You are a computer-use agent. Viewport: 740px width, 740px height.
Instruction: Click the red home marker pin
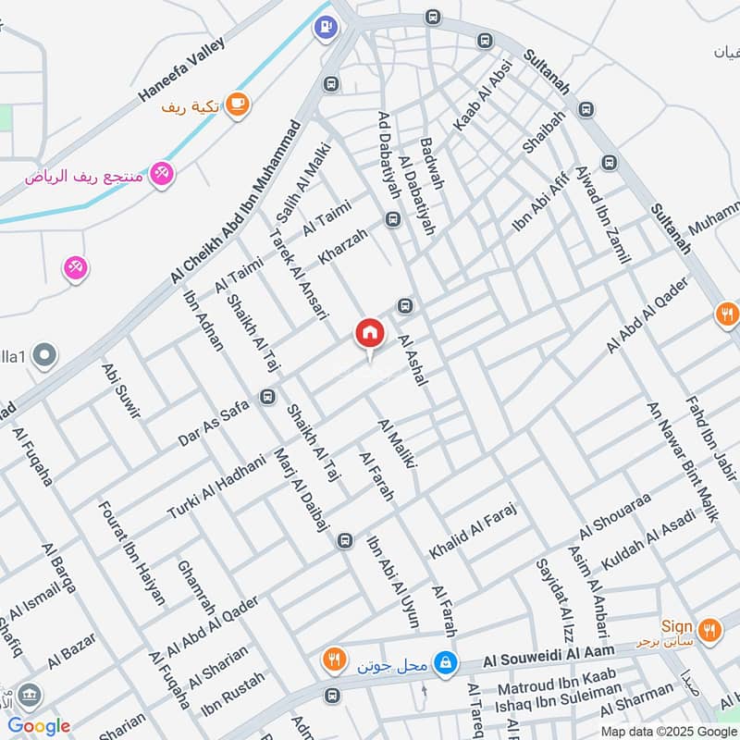pos(369,334)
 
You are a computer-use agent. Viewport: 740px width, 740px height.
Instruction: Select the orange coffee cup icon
pos(239,104)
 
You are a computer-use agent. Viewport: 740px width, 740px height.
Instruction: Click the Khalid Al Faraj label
pos(471,531)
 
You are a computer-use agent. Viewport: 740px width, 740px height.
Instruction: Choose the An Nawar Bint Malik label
pos(682,461)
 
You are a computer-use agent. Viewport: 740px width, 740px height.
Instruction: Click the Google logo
pos(39,726)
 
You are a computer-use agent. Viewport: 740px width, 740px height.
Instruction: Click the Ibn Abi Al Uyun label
pos(393,575)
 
